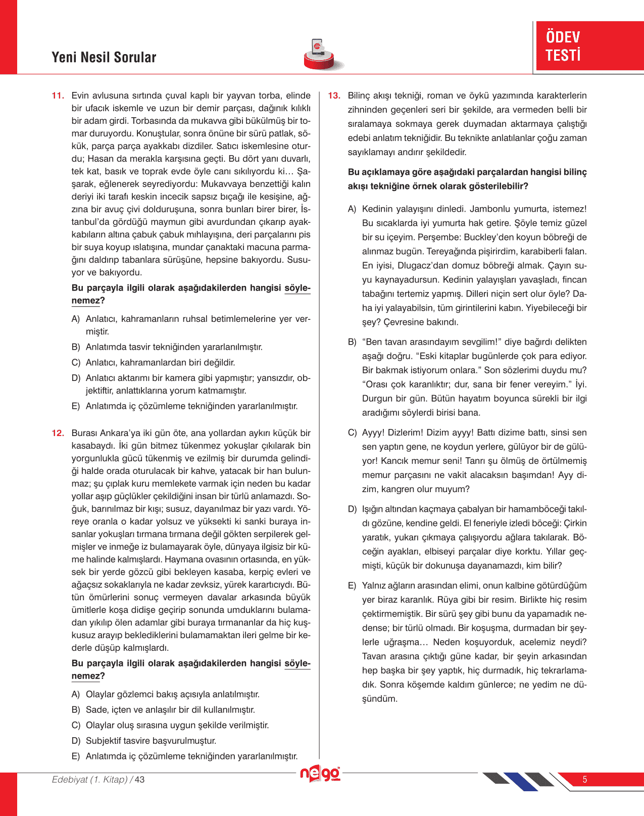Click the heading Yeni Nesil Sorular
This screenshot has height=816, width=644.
click(x=104, y=57)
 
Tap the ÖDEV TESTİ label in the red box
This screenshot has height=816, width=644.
click(x=563, y=46)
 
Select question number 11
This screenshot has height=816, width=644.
click(x=58, y=95)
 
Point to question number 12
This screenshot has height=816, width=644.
click(x=58, y=433)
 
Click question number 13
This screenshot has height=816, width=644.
click(x=334, y=95)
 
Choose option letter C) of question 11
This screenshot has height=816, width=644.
click(x=76, y=362)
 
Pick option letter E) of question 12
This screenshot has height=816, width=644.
click(x=76, y=756)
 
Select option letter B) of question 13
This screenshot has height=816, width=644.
click(x=352, y=342)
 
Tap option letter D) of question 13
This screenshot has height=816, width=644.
click(x=352, y=509)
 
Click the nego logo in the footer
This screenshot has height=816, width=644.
click(x=320, y=774)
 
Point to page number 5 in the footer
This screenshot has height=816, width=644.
click(x=585, y=779)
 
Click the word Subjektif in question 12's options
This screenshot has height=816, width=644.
click(x=103, y=741)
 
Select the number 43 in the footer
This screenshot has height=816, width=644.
click(x=139, y=780)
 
